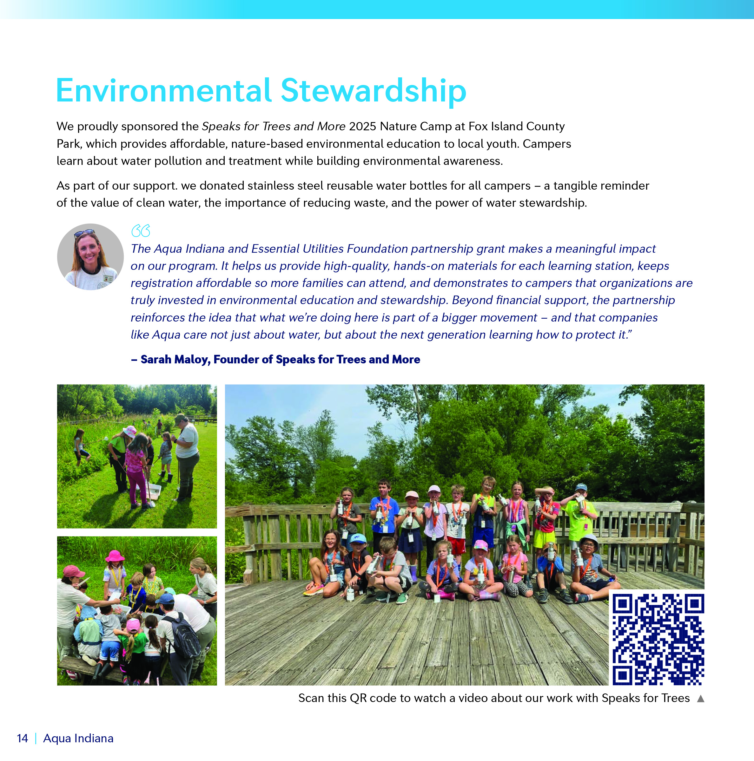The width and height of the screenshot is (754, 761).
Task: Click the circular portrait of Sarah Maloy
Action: click(90, 257)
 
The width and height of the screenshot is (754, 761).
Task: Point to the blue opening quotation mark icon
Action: click(141, 231)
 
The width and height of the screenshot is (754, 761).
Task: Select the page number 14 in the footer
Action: click(23, 738)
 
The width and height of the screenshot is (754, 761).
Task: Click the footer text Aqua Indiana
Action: click(78, 738)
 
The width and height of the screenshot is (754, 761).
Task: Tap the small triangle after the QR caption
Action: click(700, 698)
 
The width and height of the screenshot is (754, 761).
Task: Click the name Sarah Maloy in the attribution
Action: click(175, 360)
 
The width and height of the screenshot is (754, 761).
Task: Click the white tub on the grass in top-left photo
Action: click(153, 491)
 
